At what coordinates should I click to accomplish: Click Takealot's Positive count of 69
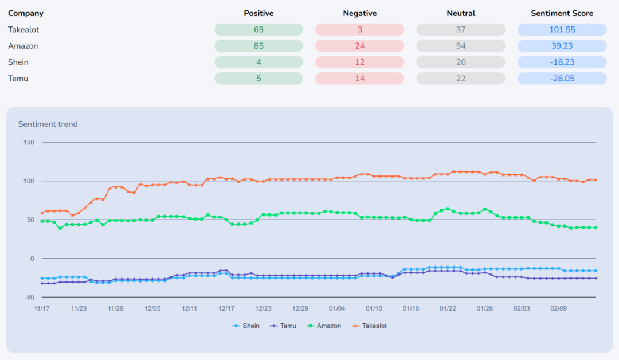click(x=258, y=30)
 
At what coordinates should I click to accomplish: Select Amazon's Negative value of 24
click(x=359, y=46)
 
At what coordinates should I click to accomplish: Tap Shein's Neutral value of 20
click(x=461, y=62)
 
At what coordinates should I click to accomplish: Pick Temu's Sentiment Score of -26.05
click(x=562, y=79)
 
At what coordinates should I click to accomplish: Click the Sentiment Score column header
click(x=562, y=13)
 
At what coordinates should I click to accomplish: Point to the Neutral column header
click(x=461, y=13)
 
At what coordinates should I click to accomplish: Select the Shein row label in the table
click(x=18, y=62)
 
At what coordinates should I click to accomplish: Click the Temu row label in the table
click(x=18, y=79)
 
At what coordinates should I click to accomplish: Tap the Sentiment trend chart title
click(x=48, y=124)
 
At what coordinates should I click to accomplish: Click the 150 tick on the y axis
click(x=29, y=142)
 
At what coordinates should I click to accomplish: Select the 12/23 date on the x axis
click(x=263, y=308)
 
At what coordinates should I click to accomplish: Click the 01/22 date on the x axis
click(x=448, y=308)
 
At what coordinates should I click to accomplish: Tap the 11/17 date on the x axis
click(x=42, y=308)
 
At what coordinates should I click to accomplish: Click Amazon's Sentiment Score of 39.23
click(x=562, y=46)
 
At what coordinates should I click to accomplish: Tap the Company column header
click(x=26, y=13)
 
